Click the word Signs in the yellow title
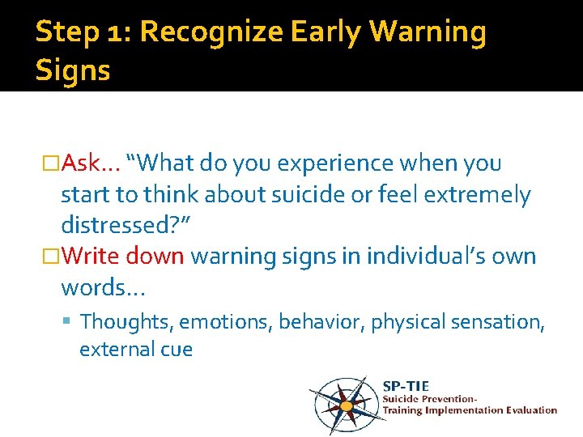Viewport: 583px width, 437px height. click(73, 70)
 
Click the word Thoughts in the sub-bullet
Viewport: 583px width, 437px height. click(126, 322)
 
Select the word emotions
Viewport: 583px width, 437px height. click(225, 322)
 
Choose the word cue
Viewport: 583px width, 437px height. click(175, 350)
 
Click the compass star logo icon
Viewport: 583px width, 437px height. click(346, 404)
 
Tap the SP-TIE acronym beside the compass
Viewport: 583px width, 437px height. click(405, 386)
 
